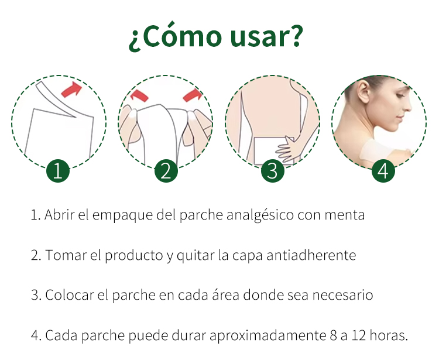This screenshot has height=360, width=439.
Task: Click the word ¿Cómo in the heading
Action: pyautogui.click(x=175, y=36)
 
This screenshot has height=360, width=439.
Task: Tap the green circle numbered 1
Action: pyautogui.click(x=58, y=171)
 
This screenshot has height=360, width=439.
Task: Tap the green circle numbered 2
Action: pyautogui.click(x=166, y=171)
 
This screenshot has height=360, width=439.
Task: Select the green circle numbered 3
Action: pyautogui.click(x=273, y=171)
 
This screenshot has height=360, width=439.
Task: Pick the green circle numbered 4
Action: pyautogui.click(x=383, y=171)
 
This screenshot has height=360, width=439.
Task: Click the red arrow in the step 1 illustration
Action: pyautogui.click(x=71, y=90)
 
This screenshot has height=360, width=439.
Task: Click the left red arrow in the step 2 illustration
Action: pyautogui.click(x=139, y=95)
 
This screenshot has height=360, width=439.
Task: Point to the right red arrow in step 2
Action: pyautogui.click(x=193, y=95)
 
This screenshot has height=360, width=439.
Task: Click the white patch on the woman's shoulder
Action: pyautogui.click(x=375, y=151)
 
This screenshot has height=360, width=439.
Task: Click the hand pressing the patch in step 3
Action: pyautogui.click(x=287, y=149)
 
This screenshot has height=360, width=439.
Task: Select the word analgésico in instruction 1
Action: pyautogui.click(x=260, y=215)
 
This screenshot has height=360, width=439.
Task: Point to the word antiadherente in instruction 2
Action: pyautogui.click(x=311, y=255)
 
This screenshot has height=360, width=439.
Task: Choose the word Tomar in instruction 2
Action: pyautogui.click(x=66, y=255)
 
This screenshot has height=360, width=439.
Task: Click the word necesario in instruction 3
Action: pyautogui.click(x=342, y=295)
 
